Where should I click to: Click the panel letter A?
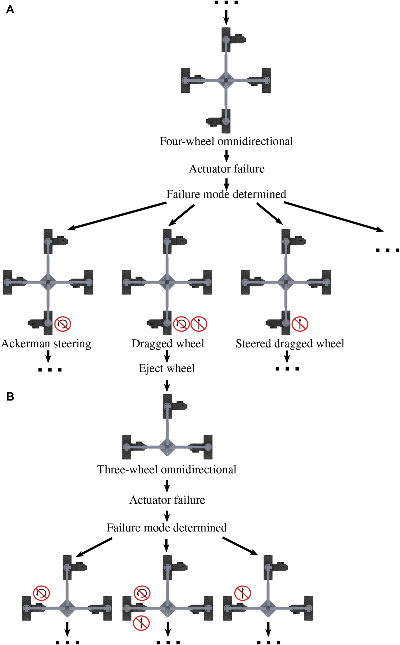coord(10,10)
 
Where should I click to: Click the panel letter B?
coord(10,396)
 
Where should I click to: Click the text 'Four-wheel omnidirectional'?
coord(226,141)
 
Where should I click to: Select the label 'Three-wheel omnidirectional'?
coord(166,469)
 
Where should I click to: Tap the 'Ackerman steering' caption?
coord(46,344)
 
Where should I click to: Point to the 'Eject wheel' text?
coord(166,368)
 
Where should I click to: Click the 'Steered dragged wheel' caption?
coord(290,344)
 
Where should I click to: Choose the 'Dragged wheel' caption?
coord(168,344)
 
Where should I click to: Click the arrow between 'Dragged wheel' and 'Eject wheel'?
coord(167,356)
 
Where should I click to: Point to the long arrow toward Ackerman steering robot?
coord(117,216)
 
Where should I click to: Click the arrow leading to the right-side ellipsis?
coord(334,217)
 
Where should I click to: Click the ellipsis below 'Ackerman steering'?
coord(50,370)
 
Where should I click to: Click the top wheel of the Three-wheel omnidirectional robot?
coord(167,406)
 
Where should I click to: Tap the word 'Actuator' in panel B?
coord(148,500)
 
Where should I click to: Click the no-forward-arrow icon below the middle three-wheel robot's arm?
coord(141,623)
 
